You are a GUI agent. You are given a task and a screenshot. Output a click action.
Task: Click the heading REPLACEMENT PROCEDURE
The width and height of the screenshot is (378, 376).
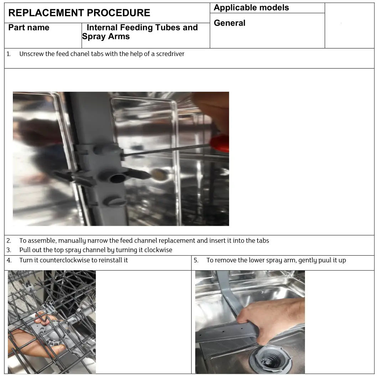(79, 13)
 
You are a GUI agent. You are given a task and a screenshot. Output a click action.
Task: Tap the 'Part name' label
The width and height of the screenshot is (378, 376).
(29, 28)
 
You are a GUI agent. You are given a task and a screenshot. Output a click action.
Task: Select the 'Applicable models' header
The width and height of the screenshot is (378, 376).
(251, 8)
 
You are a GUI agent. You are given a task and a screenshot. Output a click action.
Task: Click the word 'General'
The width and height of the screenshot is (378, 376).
(229, 23)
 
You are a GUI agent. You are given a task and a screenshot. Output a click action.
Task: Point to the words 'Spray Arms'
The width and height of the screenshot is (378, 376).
(106, 37)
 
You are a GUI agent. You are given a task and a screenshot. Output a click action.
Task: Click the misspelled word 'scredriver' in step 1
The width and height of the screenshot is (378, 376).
(170, 54)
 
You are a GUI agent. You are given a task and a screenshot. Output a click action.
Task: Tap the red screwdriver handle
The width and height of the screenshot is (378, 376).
(219, 143)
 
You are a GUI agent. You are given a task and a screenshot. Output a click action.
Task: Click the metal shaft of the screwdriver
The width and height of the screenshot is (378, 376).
(164, 150)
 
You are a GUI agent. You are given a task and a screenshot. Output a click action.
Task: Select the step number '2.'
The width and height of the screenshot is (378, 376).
(9, 241)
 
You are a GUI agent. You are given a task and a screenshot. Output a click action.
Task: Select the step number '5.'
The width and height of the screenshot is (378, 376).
(196, 260)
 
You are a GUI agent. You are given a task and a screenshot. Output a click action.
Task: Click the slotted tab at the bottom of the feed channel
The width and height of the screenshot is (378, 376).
(115, 202)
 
